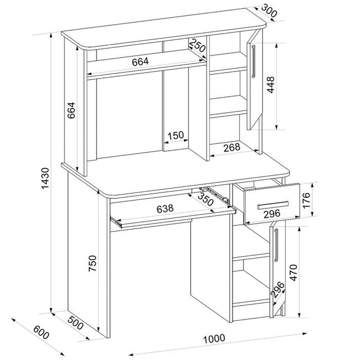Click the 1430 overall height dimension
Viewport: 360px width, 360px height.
click(45, 178)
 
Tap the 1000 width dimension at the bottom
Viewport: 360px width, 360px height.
click(214, 338)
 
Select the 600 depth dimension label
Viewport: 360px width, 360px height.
click(41, 332)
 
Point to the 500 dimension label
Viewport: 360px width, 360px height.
click(76, 323)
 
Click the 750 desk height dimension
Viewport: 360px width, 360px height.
click(93, 263)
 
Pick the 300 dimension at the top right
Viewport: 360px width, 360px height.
click(269, 11)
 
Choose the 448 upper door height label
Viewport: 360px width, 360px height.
click(271, 85)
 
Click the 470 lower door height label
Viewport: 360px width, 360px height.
click(294, 273)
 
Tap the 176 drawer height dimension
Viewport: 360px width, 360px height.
click(307, 201)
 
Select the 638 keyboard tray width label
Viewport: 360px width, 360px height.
click(165, 209)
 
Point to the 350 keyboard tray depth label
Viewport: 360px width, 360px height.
click(206, 199)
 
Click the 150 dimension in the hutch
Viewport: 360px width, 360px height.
click(176, 135)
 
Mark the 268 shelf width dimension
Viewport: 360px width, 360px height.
click(232, 148)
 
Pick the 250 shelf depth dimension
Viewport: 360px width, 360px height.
click(197, 45)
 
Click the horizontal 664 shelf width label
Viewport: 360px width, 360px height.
click(140, 62)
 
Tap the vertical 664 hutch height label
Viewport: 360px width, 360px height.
click(71, 110)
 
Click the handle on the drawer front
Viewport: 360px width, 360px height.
click(273, 205)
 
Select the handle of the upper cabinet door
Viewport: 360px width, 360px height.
click(254, 62)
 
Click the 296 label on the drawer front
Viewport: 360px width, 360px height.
click(272, 214)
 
